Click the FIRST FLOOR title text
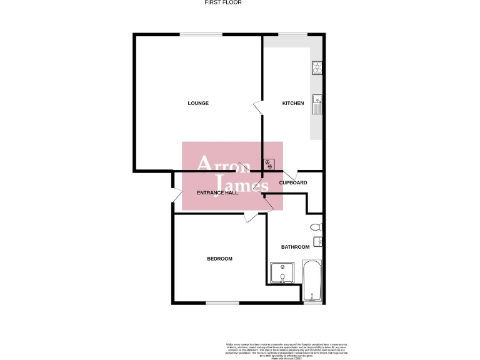point(223,2)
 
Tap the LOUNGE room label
point(198,103)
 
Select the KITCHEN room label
point(292,103)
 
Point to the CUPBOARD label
point(293,182)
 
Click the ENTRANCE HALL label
point(217,192)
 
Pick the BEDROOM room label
point(220,259)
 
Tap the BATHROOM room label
point(295,247)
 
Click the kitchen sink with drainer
point(317,103)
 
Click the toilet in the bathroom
point(316,226)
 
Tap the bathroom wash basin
point(318,241)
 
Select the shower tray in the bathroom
point(284,273)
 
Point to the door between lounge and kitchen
point(257,107)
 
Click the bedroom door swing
point(251,217)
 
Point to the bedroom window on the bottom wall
point(222,303)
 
